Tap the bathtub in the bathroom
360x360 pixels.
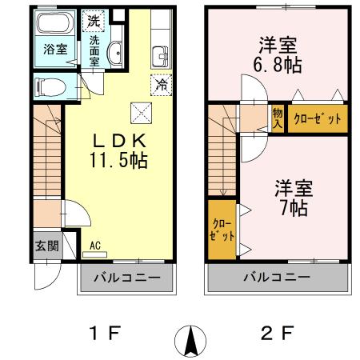click(x=54, y=25)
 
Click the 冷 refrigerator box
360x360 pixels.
click(x=160, y=82)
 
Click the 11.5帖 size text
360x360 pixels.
click(x=118, y=159)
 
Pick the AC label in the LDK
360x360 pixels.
click(x=95, y=246)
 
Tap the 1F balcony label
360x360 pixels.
click(x=124, y=278)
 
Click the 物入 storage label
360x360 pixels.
click(x=277, y=118)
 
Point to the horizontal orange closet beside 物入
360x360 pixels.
click(x=318, y=118)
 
